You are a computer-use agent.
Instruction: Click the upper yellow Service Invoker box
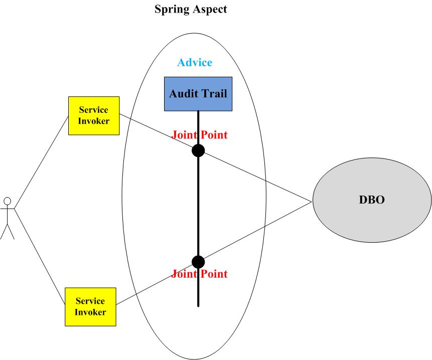click(x=94, y=115)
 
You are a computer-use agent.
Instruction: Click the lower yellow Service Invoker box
click(x=90, y=306)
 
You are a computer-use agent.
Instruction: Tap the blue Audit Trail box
click(x=198, y=94)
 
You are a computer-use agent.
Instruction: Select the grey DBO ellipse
click(x=372, y=200)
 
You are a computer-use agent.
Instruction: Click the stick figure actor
click(x=7, y=218)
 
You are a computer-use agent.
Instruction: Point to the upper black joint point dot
click(x=198, y=150)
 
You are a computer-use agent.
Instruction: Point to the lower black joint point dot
click(x=198, y=262)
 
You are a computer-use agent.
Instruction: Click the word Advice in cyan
click(x=195, y=63)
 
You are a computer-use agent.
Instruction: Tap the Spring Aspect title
click(x=190, y=9)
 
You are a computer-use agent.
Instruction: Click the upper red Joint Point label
click(x=199, y=135)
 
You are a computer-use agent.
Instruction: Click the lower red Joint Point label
click(x=199, y=274)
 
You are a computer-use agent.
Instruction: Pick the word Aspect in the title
click(x=210, y=9)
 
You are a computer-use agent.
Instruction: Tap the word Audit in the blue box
click(x=183, y=94)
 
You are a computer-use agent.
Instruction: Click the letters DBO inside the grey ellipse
click(x=372, y=200)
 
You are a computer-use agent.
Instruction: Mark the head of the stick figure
click(x=7, y=201)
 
